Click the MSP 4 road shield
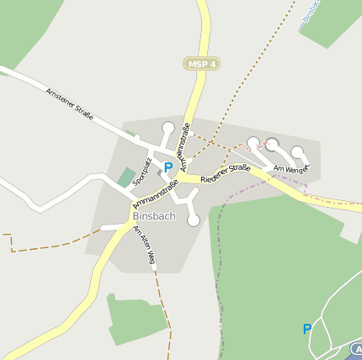tap(201, 64)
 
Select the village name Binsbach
tap(153, 215)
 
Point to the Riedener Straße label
tap(226, 173)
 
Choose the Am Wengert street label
tap(292, 168)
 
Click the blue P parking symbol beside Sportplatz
tap(168, 167)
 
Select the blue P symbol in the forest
tap(307, 329)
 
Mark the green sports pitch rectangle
tap(126, 177)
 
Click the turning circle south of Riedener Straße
tap(194, 220)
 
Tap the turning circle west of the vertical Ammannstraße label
tap(168, 128)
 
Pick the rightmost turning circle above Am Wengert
tap(297, 152)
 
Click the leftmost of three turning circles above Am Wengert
tap(253, 143)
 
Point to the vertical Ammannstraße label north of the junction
tap(185, 140)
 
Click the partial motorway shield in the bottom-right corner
tap(357, 347)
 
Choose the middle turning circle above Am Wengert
tap(272, 144)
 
